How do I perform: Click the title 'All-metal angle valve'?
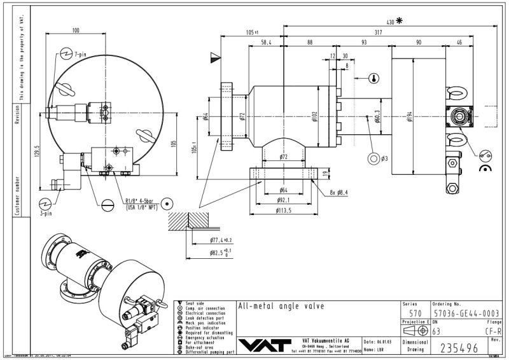click(x=280, y=306)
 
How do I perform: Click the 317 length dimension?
click(x=379, y=31)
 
